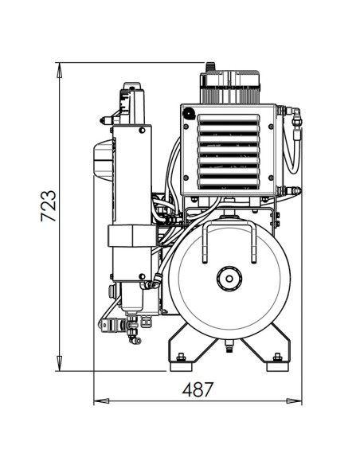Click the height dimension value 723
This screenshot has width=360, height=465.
[47, 206]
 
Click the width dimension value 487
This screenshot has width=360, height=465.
[198, 390]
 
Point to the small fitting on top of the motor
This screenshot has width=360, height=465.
[210, 67]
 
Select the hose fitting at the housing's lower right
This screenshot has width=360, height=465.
[294, 190]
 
